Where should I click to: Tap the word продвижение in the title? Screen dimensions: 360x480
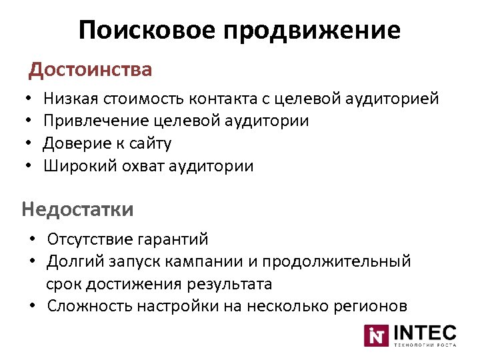pyautogui.click(x=313, y=30)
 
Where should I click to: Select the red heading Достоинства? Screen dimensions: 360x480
pyautogui.click(x=91, y=69)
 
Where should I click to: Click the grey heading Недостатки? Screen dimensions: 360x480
pyautogui.click(x=77, y=209)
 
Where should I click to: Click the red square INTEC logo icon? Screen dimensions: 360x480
pyautogui.click(x=375, y=335)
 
